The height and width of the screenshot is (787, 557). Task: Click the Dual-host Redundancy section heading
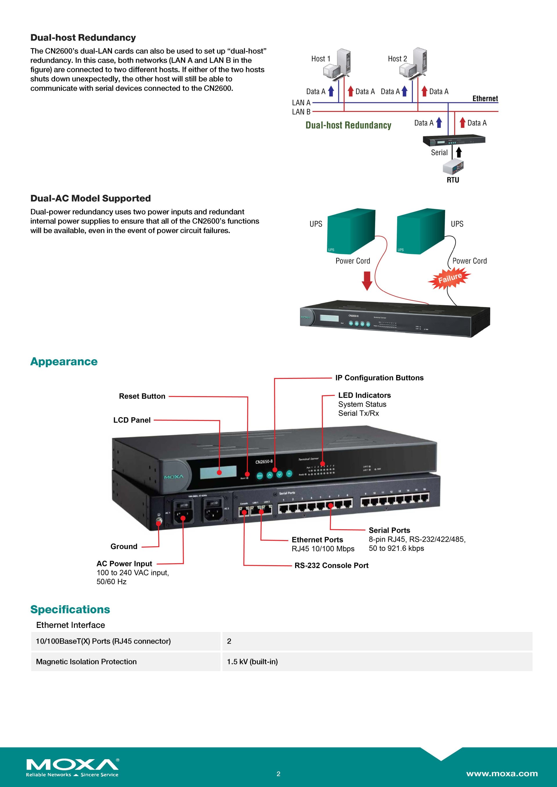tap(83, 38)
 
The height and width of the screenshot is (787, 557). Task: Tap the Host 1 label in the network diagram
tap(320, 59)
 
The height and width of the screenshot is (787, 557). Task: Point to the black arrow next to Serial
tap(459, 152)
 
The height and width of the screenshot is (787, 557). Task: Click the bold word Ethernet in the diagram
tap(485, 99)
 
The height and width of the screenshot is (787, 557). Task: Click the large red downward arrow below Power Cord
tap(367, 281)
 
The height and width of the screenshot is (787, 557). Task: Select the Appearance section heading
tap(64, 362)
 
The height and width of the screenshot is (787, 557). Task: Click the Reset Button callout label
tap(142, 396)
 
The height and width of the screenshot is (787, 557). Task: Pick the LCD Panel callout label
tap(132, 420)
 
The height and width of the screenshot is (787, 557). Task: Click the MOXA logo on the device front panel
tap(173, 477)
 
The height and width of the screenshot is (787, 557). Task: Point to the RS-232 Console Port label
tap(331, 566)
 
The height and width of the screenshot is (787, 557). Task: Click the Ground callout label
tap(124, 547)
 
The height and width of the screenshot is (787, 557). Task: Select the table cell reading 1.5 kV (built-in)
tap(252, 662)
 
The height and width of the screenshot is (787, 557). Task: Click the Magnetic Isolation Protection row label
tap(86, 662)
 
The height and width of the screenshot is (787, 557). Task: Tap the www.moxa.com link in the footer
tap(502, 774)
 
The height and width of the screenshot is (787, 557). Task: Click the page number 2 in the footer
tap(278, 774)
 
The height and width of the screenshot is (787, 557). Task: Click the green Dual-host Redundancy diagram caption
tap(348, 126)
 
